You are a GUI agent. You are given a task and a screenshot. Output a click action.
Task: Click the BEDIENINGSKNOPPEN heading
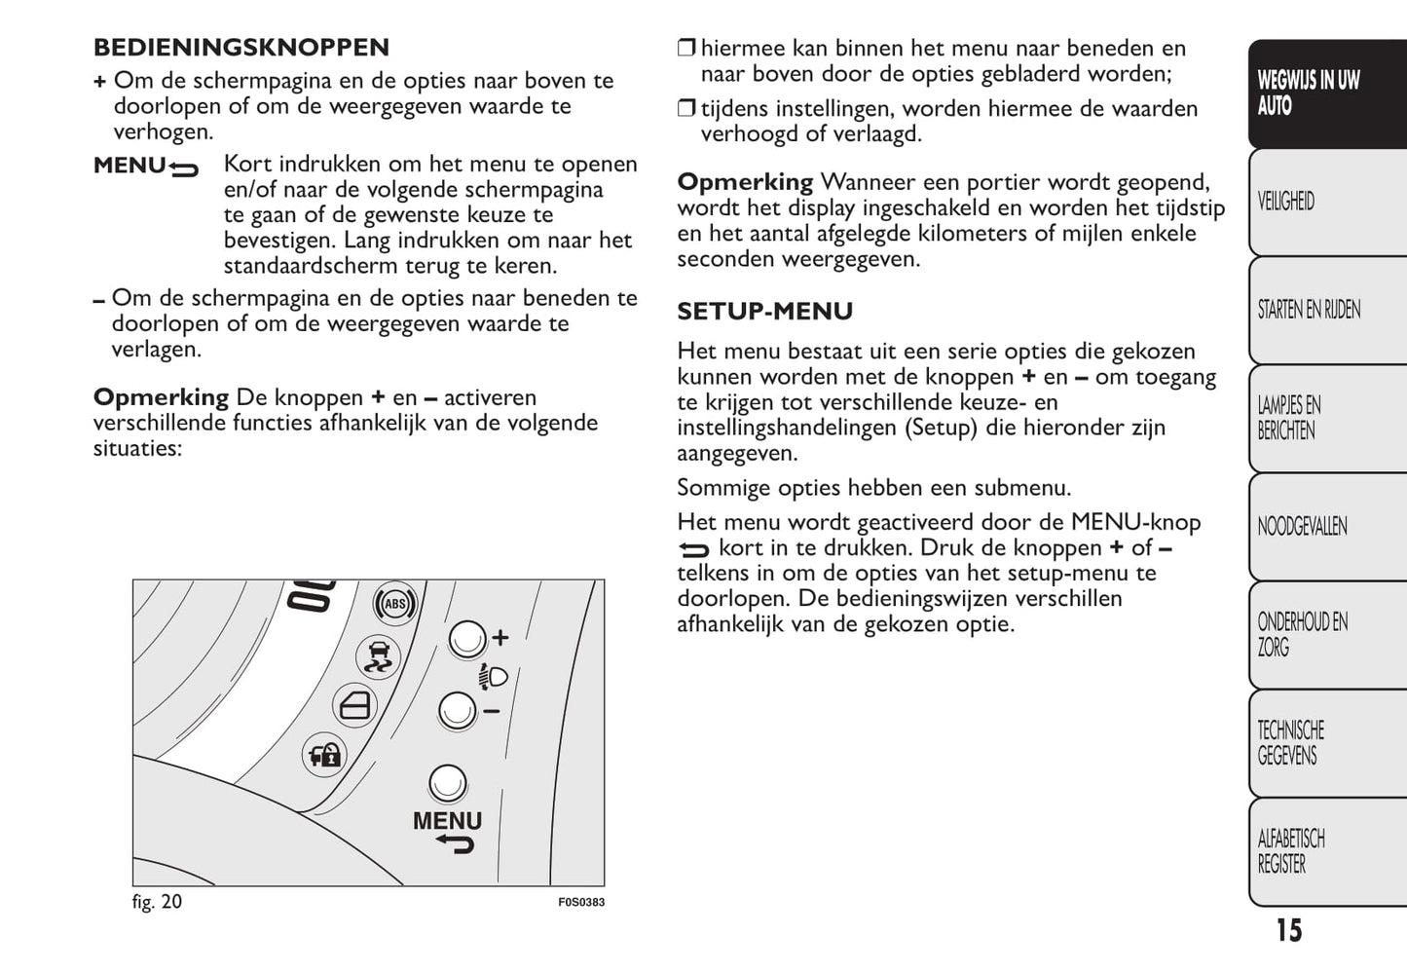[241, 48]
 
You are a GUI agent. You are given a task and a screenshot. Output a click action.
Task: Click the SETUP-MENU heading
[764, 312]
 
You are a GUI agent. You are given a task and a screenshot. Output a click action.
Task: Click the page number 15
[1288, 931]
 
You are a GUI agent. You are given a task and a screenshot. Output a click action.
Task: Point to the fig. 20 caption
[157, 902]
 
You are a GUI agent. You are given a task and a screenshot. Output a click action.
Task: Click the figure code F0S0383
[581, 903]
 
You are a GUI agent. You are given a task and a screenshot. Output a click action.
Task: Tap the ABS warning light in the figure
[394, 604]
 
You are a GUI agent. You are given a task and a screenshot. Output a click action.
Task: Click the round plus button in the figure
[466, 639]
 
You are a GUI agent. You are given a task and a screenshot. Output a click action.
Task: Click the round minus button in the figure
[457, 711]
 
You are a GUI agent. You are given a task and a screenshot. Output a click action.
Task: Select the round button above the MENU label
[448, 783]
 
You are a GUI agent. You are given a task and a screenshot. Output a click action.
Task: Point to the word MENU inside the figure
[447, 821]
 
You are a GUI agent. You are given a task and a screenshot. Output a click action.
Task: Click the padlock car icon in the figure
[324, 755]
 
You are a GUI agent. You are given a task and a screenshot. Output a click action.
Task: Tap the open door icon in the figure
[354, 705]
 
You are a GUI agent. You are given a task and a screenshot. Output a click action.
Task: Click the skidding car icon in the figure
[377, 657]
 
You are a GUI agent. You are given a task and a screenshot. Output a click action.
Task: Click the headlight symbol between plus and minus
[493, 675]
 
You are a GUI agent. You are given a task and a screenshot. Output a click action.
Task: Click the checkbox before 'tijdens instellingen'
[686, 109]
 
